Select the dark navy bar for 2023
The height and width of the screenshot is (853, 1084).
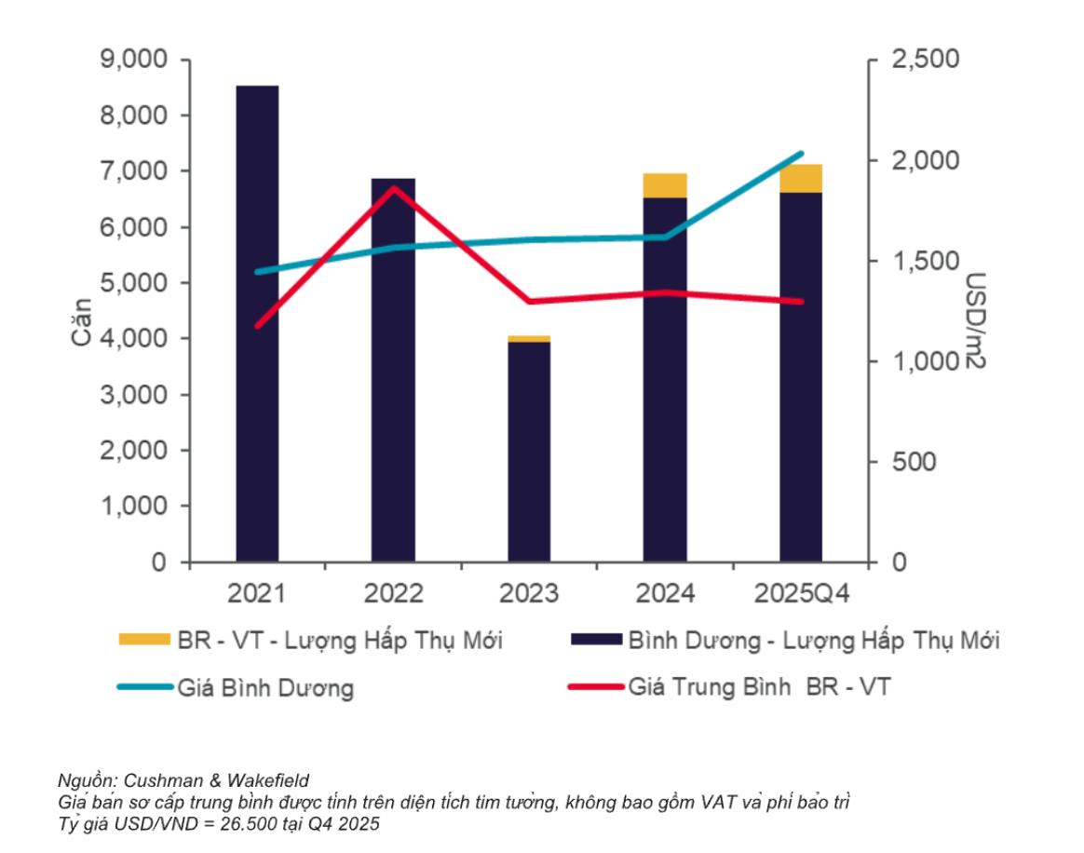(x=529, y=452)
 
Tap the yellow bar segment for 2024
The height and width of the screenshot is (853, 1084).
(x=665, y=185)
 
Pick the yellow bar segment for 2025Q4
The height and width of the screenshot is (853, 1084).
(x=801, y=178)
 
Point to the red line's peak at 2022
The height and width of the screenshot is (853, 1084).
(x=394, y=187)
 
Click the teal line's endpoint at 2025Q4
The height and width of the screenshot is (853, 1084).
(x=801, y=154)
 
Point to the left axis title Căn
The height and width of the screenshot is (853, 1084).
(x=82, y=321)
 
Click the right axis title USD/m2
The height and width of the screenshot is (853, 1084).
(x=974, y=321)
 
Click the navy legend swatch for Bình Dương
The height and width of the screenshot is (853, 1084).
(x=594, y=640)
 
